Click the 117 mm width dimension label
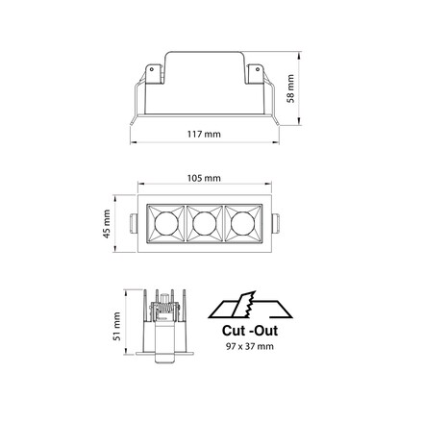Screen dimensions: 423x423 (204, 134)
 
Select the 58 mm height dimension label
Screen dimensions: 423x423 (290, 88)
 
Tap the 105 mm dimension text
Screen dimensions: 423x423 (204, 178)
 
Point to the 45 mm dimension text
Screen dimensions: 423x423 (107, 224)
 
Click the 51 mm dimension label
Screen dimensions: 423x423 (117, 326)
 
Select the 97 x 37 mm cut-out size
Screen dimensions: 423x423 (250, 346)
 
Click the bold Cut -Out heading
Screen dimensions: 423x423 (250, 331)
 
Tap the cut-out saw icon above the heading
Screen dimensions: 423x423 (250, 305)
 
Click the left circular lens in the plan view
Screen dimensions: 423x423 (166, 224)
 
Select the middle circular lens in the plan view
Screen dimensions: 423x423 (205, 224)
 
